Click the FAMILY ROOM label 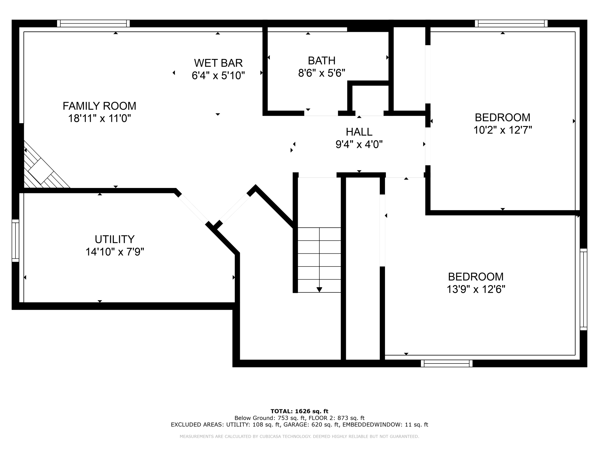click(99, 106)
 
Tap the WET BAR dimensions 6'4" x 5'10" click(218, 76)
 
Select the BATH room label click(321, 61)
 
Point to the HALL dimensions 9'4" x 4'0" click(359, 144)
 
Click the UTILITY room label click(115, 239)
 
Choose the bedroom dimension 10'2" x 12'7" click(502, 130)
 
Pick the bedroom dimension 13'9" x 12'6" click(476, 289)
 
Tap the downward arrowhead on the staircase click(319, 290)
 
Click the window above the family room click(93, 23)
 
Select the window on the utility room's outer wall click(15, 241)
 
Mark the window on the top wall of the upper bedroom click(511, 23)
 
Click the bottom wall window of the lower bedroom click(446, 364)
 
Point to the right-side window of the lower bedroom click(583, 289)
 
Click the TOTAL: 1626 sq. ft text click(299, 411)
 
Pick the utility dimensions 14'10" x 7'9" click(115, 252)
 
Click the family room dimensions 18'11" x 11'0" click(99, 119)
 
